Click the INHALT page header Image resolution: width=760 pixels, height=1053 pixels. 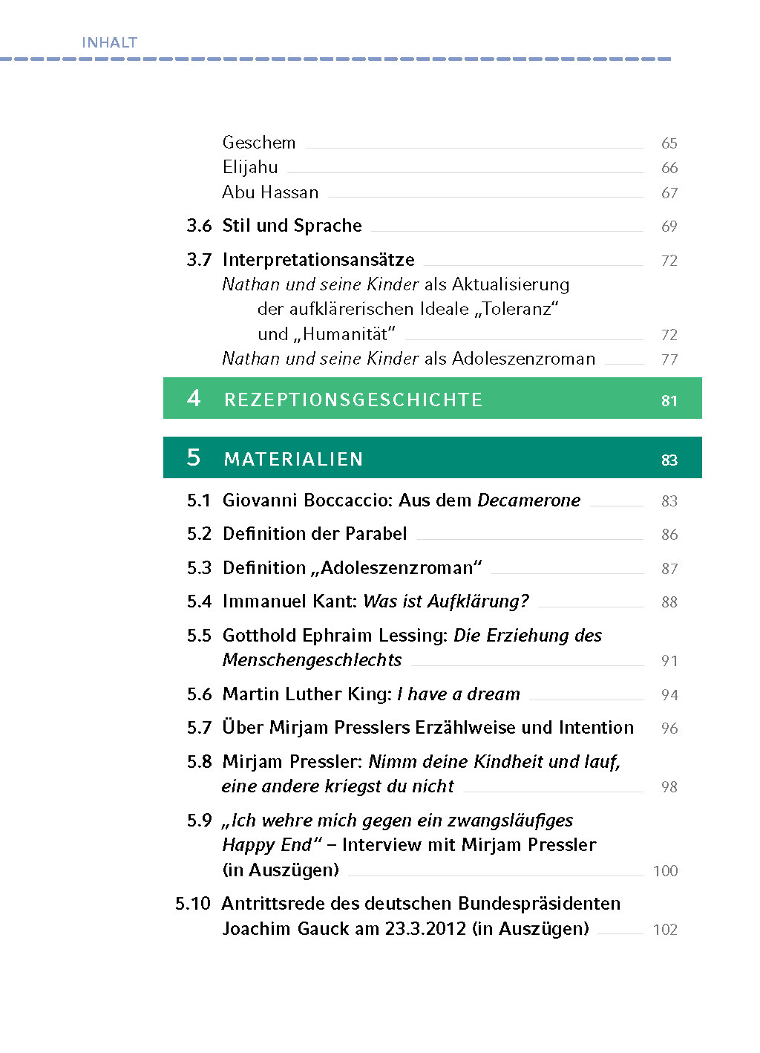pos(109,42)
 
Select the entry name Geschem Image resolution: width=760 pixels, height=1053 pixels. pos(259,143)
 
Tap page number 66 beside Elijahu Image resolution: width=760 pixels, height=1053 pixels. pos(669,168)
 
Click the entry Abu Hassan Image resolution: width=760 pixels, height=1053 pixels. pos(270,192)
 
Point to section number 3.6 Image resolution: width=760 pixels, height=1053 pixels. pos(199,226)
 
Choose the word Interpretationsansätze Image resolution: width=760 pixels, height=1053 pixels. pos(318,260)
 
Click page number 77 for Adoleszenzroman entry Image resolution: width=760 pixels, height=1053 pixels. pos(669,359)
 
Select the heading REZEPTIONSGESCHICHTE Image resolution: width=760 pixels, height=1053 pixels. pos(353,400)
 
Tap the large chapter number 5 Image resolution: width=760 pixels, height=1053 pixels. pos(194,457)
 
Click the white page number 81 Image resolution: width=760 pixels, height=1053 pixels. pos(669,401)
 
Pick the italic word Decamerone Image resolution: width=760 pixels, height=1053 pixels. pos(528,501)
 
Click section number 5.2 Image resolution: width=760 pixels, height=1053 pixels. pos(199,534)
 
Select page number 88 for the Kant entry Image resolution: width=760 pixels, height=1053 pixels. pos(669,602)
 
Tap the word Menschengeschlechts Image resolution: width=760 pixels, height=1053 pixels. pos(312,660)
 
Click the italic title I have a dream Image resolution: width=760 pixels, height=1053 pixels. pos(459,694)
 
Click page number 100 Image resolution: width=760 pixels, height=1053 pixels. pos(665,871)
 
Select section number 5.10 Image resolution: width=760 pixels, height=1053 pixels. pos(193,904)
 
